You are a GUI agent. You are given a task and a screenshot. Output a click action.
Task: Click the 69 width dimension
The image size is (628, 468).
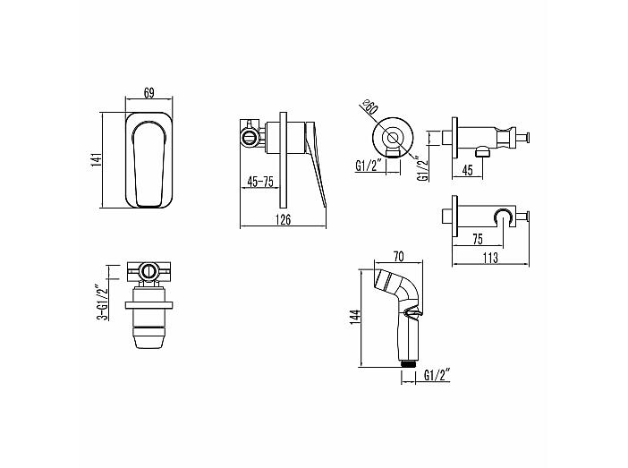tap(149, 93)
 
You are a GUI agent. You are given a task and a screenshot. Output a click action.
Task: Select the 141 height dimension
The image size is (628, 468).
tap(97, 160)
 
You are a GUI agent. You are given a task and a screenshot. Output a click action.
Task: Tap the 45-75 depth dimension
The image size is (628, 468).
tap(260, 182)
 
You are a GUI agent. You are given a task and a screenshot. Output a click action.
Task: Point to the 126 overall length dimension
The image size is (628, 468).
tap(284, 220)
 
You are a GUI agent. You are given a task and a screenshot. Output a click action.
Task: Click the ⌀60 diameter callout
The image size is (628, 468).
tap(369, 107)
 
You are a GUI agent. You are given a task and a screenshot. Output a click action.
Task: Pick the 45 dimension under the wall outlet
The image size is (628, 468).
tap(467, 170)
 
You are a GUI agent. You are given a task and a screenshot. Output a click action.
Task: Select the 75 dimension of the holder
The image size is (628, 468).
tap(478, 239)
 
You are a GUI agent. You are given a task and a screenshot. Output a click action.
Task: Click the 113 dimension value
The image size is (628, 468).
tap(490, 258)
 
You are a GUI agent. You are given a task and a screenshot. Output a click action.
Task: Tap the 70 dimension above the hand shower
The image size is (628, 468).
tap(398, 257)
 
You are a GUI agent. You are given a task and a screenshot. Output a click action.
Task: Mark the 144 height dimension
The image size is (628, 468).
tap(356, 317)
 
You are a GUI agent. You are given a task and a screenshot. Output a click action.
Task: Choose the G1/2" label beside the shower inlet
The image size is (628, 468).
tap(437, 376)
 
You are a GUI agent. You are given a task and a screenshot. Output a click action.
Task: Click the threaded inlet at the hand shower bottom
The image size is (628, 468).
tap(409, 363)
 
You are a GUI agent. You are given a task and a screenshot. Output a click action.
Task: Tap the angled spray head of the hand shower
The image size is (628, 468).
tap(386, 280)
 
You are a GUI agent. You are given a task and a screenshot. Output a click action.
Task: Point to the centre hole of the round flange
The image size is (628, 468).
tap(393, 138)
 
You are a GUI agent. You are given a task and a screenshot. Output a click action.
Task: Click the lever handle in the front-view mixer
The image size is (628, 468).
tap(149, 164)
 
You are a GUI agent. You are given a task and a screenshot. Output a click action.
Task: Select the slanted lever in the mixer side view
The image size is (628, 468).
tap(317, 165)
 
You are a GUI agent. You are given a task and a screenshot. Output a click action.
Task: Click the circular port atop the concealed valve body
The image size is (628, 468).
tap(149, 271)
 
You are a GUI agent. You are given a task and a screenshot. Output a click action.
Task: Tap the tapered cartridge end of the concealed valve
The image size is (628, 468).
tap(149, 337)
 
